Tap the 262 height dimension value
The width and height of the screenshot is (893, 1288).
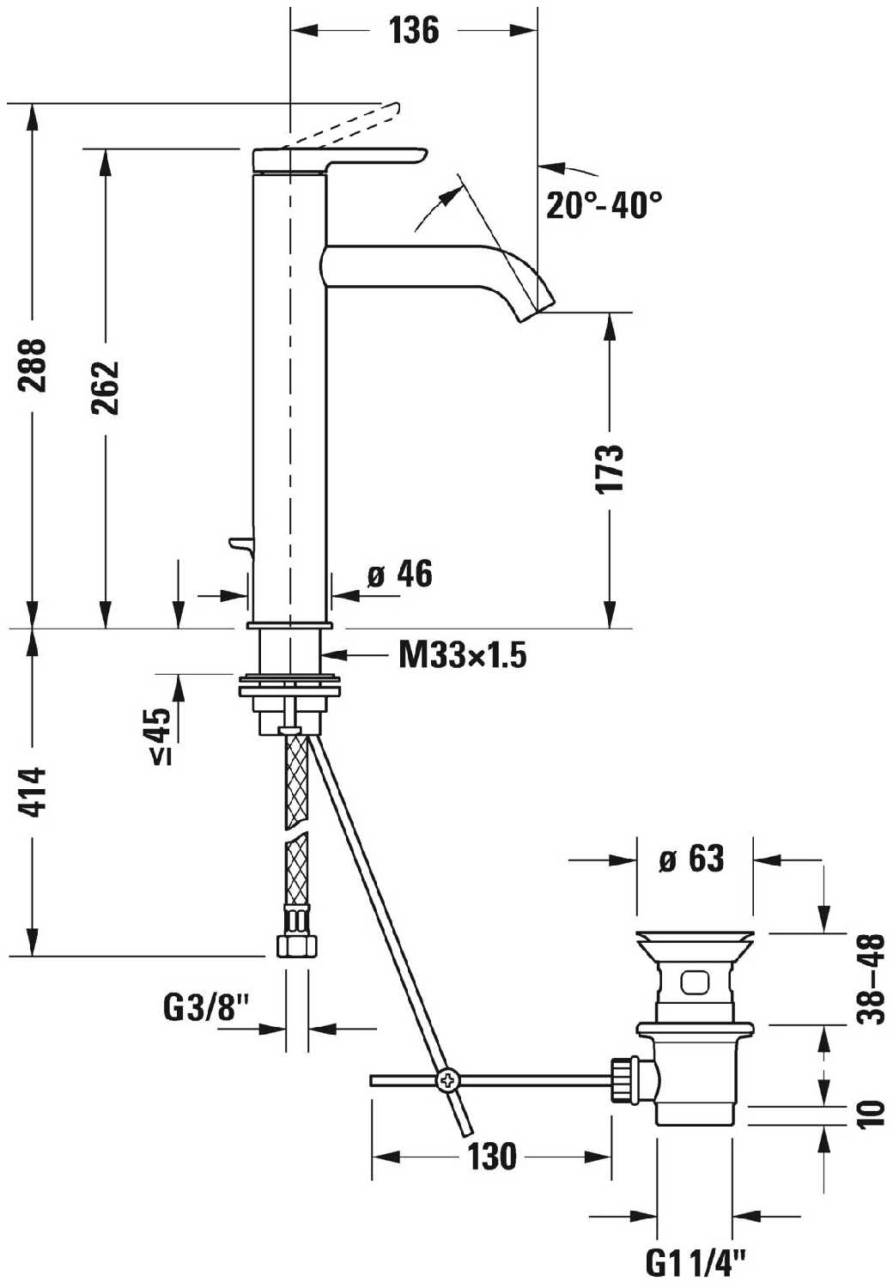[x=106, y=387]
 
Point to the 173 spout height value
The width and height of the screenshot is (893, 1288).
[x=609, y=468]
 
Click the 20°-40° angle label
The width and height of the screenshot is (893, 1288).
[x=604, y=205]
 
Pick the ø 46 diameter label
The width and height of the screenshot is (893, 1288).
[x=399, y=574]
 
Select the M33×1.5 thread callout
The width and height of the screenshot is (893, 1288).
[x=462, y=656]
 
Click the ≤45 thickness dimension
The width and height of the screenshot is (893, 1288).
[x=161, y=735]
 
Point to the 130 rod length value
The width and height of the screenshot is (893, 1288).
[x=492, y=1157]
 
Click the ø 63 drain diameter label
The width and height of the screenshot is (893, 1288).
[x=691, y=859]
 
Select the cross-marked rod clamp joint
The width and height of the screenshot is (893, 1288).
[x=446, y=1080]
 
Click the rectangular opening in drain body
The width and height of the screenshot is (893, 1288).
[x=694, y=981]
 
